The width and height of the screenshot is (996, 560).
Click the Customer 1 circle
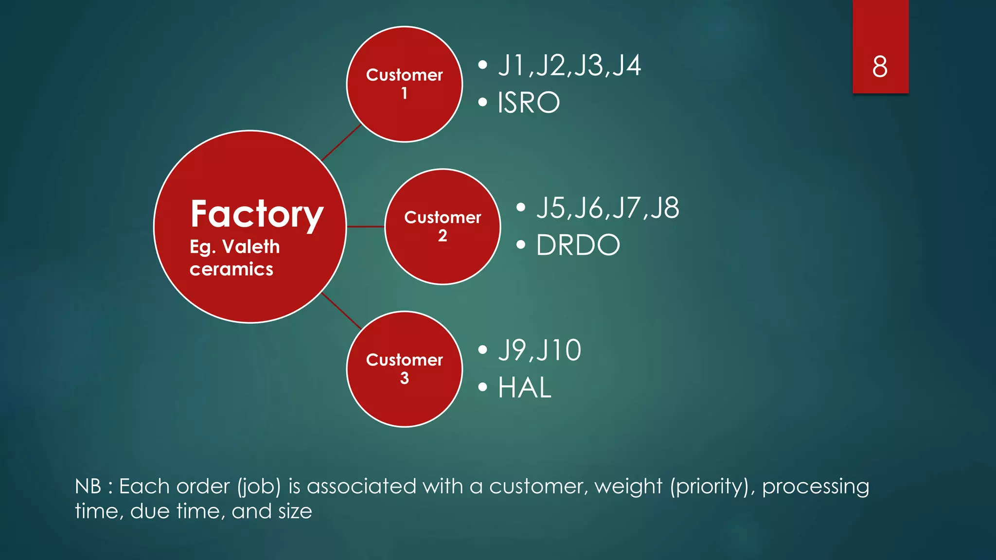pos(404,84)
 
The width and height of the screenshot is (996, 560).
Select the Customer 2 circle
pos(442,227)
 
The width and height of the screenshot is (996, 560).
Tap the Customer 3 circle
pos(404,369)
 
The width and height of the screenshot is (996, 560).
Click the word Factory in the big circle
pos(256,214)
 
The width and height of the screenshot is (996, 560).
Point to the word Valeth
pos(251,247)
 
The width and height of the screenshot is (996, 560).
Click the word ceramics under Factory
pos(231,269)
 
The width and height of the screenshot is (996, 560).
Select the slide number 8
pos(880,67)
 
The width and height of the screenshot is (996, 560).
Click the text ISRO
pos(529,103)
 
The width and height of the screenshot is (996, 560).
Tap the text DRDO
pos(578,245)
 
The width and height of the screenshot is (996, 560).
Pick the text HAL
pos(525,388)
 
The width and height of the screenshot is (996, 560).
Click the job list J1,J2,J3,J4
pos(569,66)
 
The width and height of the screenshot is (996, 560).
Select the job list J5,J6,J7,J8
pos(607,208)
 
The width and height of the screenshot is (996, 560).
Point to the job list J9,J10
pos(539,350)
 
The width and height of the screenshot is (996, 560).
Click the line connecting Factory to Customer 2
pos(365,227)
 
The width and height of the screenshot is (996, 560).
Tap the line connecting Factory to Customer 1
pos(341,142)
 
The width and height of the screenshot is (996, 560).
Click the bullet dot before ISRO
pos(482,103)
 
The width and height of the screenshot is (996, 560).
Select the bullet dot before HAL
pos(482,387)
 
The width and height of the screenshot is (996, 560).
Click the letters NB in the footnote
pos(88,487)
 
